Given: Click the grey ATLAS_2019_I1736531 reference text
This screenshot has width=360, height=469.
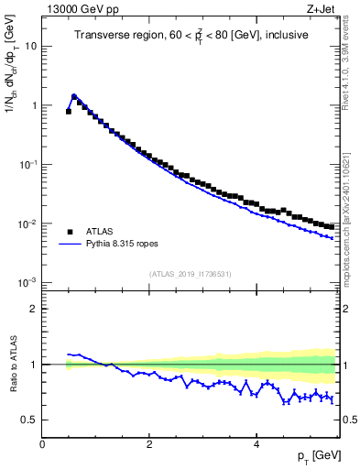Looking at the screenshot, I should (x=191, y=274).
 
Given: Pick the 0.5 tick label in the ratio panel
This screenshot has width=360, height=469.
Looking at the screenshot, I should (x=28, y=420).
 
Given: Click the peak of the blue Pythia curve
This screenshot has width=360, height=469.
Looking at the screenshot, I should (x=73, y=95).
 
